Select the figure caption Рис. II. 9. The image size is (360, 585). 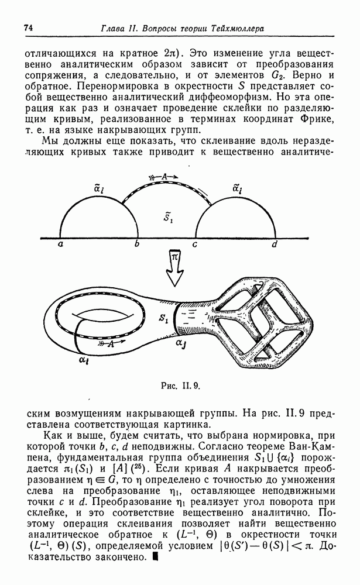click(180, 384)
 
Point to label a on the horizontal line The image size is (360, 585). click(60, 245)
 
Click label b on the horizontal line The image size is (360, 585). click(136, 245)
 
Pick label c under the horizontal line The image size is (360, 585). click(195, 245)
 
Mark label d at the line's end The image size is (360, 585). click(274, 245)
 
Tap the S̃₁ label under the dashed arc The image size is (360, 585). click(167, 218)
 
